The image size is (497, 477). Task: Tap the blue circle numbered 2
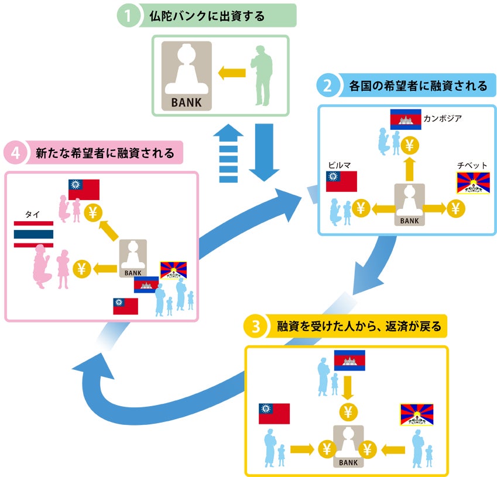328,86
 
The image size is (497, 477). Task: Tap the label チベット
472,166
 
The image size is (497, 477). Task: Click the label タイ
32,214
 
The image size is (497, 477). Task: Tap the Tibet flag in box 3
416,414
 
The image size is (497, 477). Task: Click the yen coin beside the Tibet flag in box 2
457,207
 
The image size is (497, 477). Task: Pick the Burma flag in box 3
274,414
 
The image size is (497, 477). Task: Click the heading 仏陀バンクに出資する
214,16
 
